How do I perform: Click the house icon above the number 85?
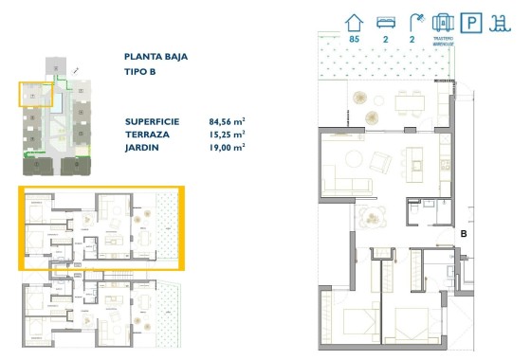(355, 21)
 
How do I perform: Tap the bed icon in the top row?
(384, 21)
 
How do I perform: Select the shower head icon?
(413, 21)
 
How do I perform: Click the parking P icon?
(470, 22)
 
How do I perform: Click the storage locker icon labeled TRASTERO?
(442, 22)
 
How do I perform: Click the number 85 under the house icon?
(355, 40)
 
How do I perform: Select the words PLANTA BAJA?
(155, 57)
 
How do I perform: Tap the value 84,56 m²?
(227, 122)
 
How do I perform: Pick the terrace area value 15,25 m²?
(227, 135)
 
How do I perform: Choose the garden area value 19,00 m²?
(227, 148)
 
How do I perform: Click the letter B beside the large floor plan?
(464, 233)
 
